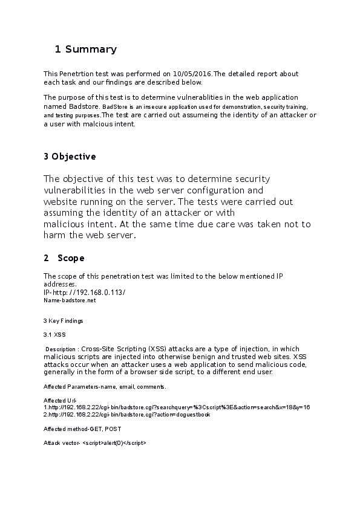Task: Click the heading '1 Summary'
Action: (85, 49)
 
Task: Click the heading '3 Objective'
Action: (70, 157)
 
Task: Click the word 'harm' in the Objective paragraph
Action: (54, 235)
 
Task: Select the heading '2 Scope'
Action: (64, 258)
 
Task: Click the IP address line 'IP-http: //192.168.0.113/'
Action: (84, 292)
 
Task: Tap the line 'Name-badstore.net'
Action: (70, 300)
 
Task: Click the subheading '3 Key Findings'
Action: (64, 320)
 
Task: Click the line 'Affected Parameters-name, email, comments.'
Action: (105, 386)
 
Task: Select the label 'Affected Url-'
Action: (60, 400)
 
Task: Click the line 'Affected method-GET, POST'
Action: (82, 429)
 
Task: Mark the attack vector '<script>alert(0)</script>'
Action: (114, 443)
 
